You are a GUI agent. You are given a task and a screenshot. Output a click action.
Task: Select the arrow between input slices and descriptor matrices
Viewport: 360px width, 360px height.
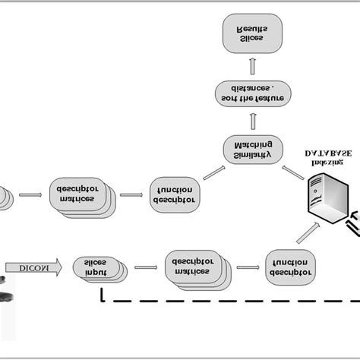point(142,267)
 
